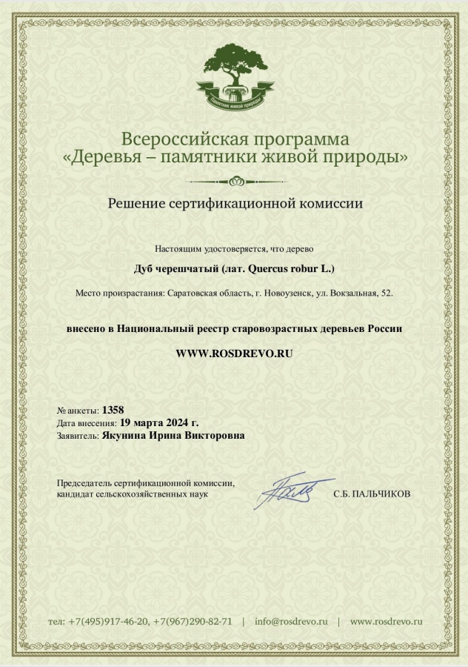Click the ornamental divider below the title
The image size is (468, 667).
point(234,180)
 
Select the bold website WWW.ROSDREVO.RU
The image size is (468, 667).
point(234,354)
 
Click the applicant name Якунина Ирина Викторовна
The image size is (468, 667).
point(173,436)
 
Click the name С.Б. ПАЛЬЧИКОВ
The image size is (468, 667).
point(371,494)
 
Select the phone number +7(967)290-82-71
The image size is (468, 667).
point(193,621)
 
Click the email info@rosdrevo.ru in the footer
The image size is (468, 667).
point(291,621)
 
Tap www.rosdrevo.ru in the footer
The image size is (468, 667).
point(386,621)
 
